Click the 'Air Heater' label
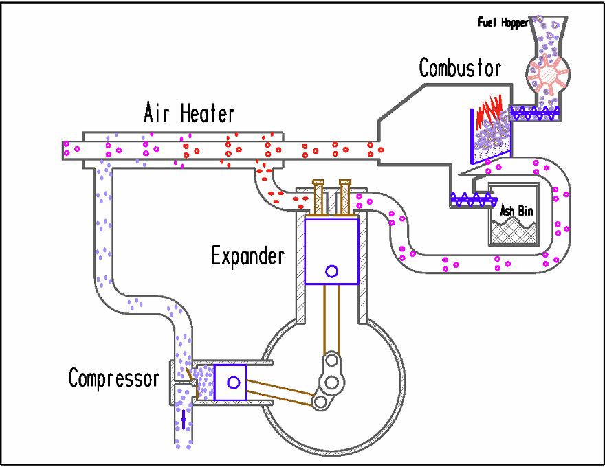[x=189, y=112]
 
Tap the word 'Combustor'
[x=460, y=68]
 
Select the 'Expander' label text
[x=247, y=257]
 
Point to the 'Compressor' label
[x=113, y=378]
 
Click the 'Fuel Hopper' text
[x=503, y=23]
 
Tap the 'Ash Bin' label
[x=514, y=210]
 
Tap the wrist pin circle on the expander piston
[x=331, y=271]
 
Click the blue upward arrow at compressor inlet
[x=184, y=419]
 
